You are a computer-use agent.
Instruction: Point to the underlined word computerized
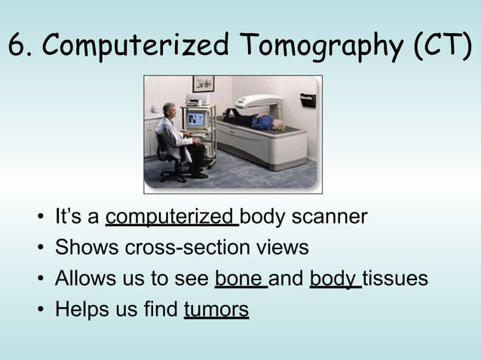171,218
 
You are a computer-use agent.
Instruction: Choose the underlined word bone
240,279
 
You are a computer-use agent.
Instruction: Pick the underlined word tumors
216,310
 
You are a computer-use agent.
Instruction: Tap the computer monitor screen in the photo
196,119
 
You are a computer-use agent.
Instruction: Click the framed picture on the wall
203,83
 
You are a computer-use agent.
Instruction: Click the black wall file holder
308,99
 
